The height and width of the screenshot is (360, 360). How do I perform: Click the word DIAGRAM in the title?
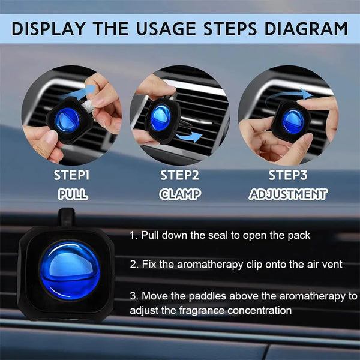[x=306, y=29]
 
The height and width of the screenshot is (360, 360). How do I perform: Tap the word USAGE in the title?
[x=166, y=29]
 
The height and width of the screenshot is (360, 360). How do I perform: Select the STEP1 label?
[x=71, y=175]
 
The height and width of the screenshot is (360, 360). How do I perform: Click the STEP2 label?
[x=179, y=175]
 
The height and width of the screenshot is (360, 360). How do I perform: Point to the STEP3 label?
[x=288, y=175]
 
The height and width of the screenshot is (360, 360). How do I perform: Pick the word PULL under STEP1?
[x=73, y=194]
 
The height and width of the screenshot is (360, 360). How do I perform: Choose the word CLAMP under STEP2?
[x=180, y=194]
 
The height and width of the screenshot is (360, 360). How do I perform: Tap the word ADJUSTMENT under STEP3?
[x=288, y=194]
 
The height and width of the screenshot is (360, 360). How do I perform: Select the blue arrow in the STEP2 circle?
[x=190, y=137]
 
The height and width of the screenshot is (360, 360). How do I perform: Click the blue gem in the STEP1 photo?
[x=67, y=120]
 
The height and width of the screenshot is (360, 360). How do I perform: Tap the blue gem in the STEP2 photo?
[x=160, y=118]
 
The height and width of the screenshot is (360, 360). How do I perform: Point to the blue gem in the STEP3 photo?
[x=293, y=121]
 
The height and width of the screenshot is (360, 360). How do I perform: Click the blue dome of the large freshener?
[x=70, y=271]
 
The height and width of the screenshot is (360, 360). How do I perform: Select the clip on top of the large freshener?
[x=67, y=217]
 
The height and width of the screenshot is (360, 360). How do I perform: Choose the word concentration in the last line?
[x=259, y=310]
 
